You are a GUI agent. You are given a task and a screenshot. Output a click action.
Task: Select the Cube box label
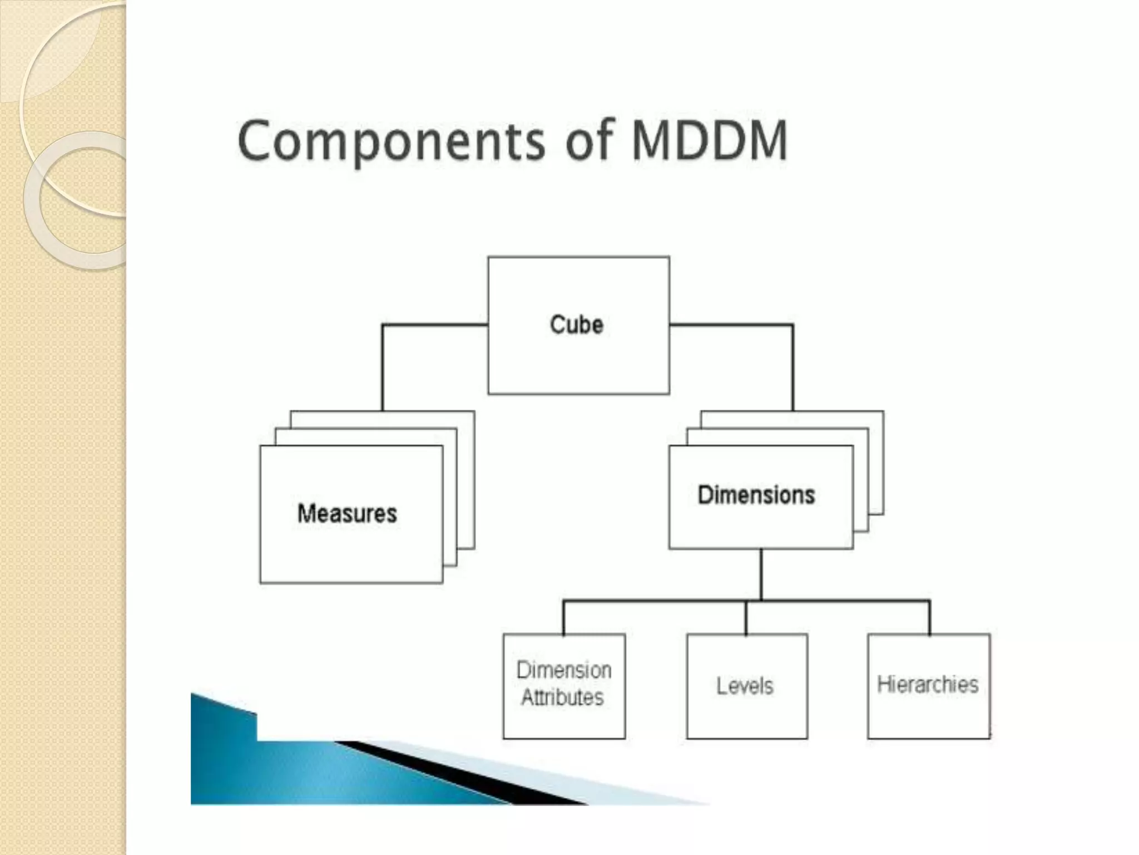point(577,325)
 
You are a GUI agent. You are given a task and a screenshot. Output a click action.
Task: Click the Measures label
point(347,513)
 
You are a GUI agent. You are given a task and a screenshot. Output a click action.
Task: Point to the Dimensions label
point(756,494)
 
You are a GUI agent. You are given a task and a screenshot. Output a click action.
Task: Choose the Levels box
point(746,686)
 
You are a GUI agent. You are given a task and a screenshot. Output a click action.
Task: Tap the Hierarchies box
point(928,685)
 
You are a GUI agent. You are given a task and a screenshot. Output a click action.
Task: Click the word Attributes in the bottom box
point(562,698)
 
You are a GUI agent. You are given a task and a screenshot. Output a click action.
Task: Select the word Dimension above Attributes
point(564,670)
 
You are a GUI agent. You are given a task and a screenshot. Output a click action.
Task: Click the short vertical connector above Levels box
point(746,618)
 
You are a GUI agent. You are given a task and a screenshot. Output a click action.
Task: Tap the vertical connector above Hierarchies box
point(929,618)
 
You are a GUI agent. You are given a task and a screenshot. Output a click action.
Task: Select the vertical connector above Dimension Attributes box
point(563,618)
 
